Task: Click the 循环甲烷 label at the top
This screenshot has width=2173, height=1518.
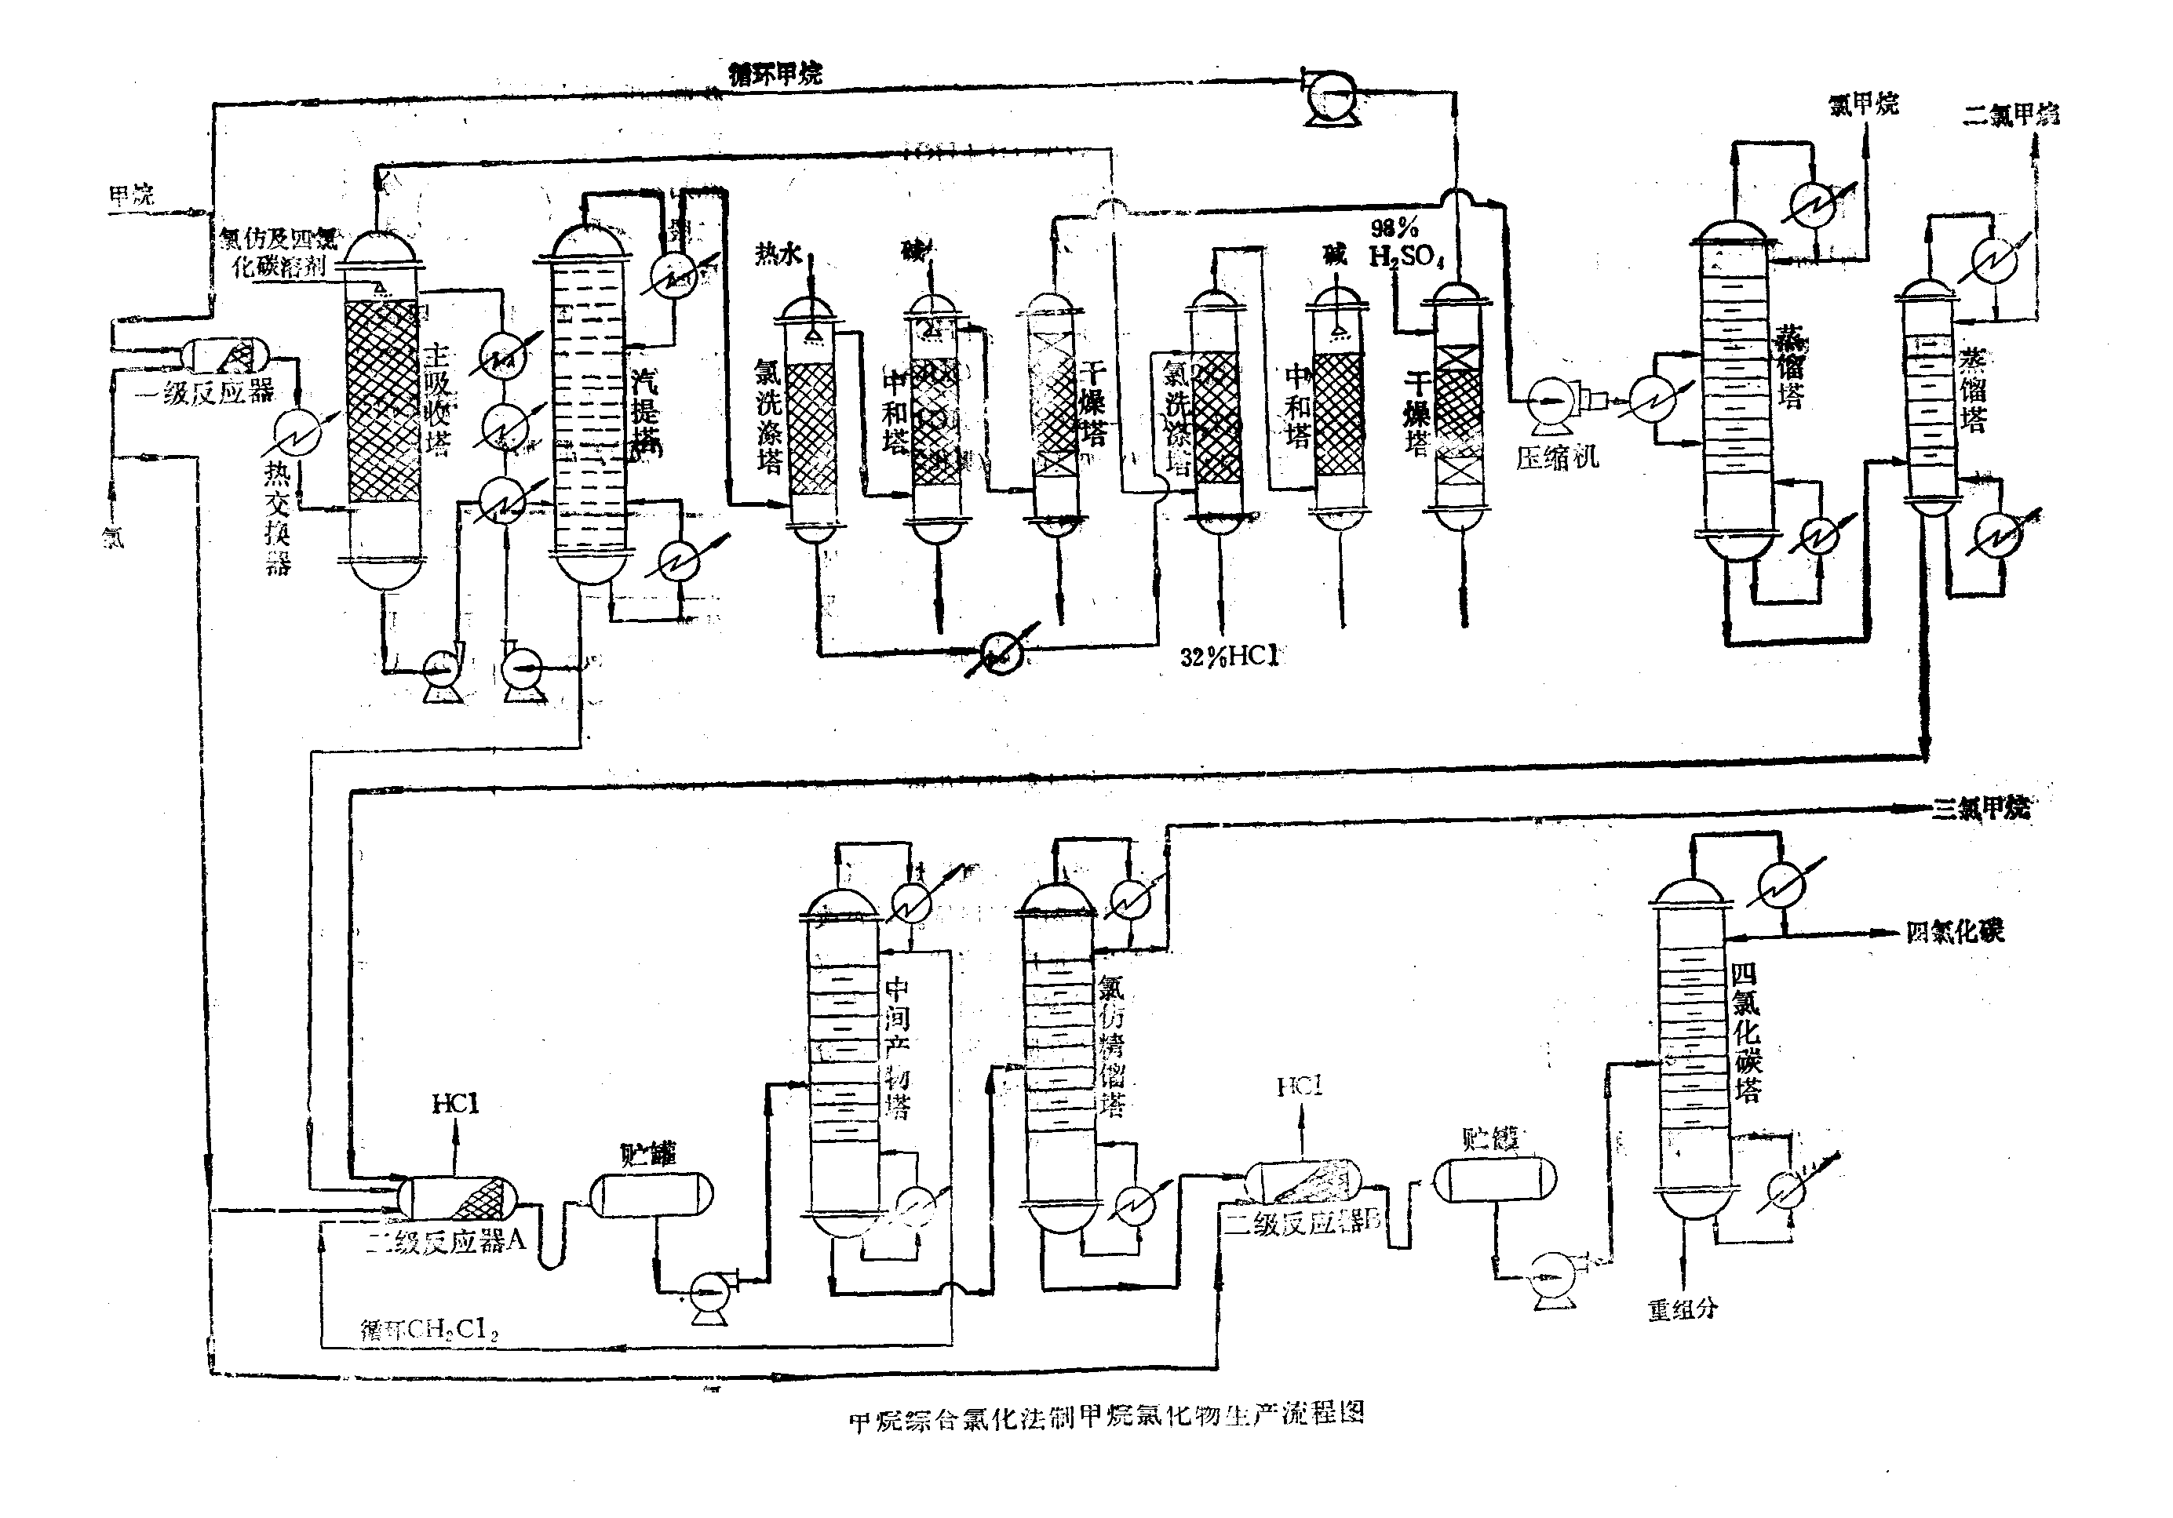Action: click(775, 73)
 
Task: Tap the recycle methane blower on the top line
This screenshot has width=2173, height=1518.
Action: click(1332, 95)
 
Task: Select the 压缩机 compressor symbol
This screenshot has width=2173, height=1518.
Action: click(1550, 401)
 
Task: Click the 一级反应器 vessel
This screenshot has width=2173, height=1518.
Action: click(225, 355)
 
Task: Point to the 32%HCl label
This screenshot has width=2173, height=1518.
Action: click(1228, 656)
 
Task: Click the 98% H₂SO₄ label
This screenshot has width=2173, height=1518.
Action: click(1405, 242)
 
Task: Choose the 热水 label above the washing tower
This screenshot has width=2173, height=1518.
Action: click(778, 253)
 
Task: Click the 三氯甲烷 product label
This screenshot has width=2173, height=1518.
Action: click(1980, 807)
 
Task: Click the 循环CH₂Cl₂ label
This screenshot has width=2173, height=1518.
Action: click(428, 1330)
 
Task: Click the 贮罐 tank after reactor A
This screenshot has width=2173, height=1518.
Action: click(651, 1194)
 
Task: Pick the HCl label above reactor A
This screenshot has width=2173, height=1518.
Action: click(455, 1104)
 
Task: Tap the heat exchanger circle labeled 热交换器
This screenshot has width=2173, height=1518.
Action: click(297, 435)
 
